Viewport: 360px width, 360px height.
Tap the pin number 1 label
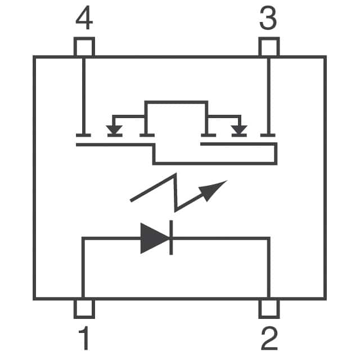pyautogui.click(x=83, y=339)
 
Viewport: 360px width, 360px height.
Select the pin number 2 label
pyautogui.click(x=269, y=339)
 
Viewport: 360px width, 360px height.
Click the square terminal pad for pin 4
pyautogui.click(x=84, y=47)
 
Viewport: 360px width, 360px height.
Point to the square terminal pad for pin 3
pyautogui.click(x=268, y=47)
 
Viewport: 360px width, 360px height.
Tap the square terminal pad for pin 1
pyautogui.click(x=84, y=309)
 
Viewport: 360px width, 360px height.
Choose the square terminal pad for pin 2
pyautogui.click(x=269, y=309)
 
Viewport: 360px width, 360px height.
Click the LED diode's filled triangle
pyautogui.click(x=154, y=238)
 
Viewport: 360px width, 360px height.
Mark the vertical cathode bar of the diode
pyautogui.click(x=170, y=238)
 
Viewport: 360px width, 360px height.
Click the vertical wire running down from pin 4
pyautogui.click(x=83, y=96)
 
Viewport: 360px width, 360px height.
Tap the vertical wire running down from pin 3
pyautogui.click(x=268, y=96)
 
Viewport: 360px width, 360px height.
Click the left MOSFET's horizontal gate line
pyautogui.click(x=112, y=145)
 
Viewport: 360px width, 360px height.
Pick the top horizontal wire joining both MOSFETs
pyautogui.click(x=176, y=102)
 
